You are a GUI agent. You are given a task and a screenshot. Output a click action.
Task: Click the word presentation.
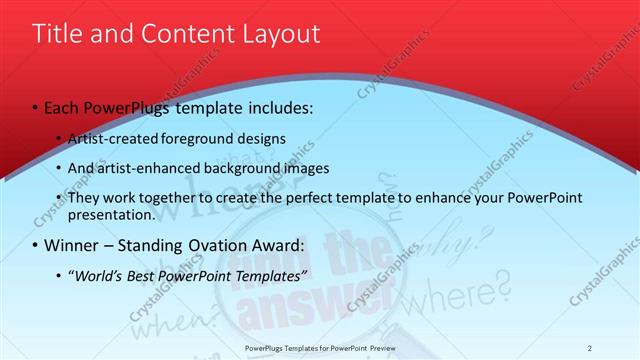[112, 214]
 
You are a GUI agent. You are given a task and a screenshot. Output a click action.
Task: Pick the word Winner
[73, 246]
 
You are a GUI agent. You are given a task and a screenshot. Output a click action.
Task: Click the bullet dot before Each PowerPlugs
[36, 108]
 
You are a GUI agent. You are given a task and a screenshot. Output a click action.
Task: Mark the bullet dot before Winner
[36, 246]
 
